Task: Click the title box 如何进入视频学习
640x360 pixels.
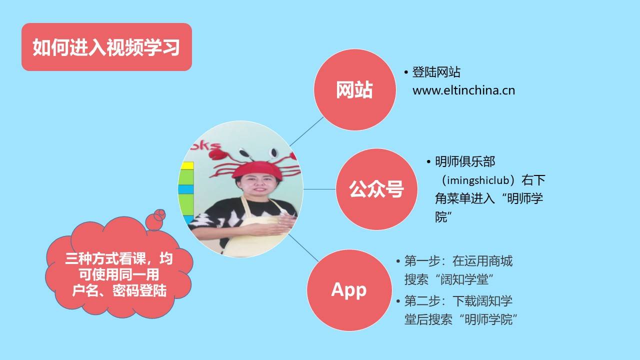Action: pyautogui.click(x=106, y=47)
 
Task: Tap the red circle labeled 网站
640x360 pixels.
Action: pyautogui.click(x=355, y=89)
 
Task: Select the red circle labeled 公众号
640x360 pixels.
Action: pyautogui.click(x=376, y=189)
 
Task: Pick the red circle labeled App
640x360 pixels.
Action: pyautogui.click(x=349, y=290)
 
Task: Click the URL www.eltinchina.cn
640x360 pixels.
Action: pyautogui.click(x=463, y=90)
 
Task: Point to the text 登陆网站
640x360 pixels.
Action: pyautogui.click(x=436, y=72)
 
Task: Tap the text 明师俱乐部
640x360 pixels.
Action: pyautogui.click(x=465, y=161)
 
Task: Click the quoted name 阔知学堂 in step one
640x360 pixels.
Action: pyautogui.click(x=464, y=279)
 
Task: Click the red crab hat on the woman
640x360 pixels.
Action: pyautogui.click(x=255, y=167)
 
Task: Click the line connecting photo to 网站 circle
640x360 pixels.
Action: pyautogui.click(x=306, y=131)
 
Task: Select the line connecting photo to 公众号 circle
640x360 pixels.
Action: pyautogui.click(x=319, y=189)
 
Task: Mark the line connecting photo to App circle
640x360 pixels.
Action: pyautogui.click(x=303, y=248)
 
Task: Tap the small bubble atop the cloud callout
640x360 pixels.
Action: pyautogui.click(x=160, y=214)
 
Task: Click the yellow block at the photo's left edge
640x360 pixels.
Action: pyautogui.click(x=187, y=165)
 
